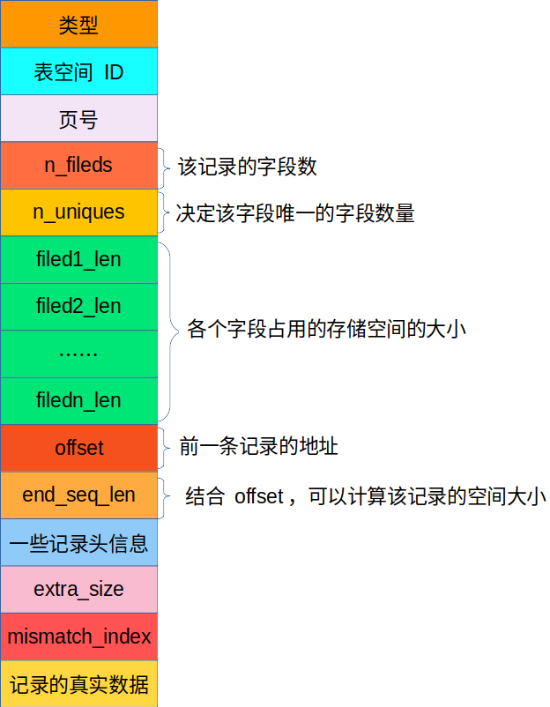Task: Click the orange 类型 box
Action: [78, 25]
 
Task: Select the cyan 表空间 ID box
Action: [78, 71]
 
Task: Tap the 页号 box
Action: [78, 119]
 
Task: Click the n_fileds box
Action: [78, 166]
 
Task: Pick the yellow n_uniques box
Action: [78, 212]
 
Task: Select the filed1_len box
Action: [78, 260]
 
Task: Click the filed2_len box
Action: [78, 307]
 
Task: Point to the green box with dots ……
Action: [78, 353]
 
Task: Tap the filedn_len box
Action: [78, 401]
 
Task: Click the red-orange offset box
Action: [78, 448]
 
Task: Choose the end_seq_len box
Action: [78, 495]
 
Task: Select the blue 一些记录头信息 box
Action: [78, 542]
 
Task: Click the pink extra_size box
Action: [78, 589]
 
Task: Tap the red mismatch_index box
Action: [78, 636]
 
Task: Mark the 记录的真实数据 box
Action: [78, 684]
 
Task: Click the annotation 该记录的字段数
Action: [248, 166]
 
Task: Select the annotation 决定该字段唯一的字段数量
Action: [294, 212]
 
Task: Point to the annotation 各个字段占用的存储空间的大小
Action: [326, 330]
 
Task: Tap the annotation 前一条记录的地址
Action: [258, 447]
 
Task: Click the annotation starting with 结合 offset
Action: [365, 495]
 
